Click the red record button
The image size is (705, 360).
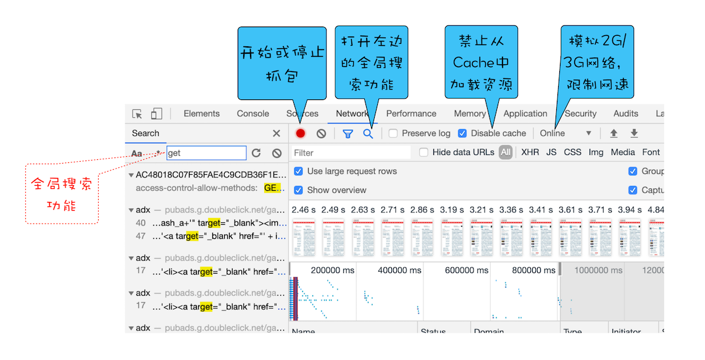coord(301,133)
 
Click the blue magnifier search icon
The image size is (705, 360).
coord(368,133)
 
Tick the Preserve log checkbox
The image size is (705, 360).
coord(393,133)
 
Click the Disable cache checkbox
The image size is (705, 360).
coord(462,133)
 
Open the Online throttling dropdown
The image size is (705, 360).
coord(565,133)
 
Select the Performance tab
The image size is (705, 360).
coord(411,114)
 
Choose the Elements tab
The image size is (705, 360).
coord(201,114)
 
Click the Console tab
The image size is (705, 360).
coord(253,114)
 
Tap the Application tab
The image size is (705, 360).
coord(525,114)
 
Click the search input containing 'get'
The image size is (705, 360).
coord(206,153)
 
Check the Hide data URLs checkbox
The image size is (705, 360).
coord(424,153)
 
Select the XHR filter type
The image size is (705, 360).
coord(530,153)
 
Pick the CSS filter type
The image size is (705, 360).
coord(572,153)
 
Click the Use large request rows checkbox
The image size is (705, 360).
coord(299,171)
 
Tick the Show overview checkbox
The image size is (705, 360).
coord(299,190)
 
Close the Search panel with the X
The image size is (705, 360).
coord(277,133)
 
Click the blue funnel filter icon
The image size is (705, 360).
coord(348,133)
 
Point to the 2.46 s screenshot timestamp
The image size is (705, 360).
coord(304,210)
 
